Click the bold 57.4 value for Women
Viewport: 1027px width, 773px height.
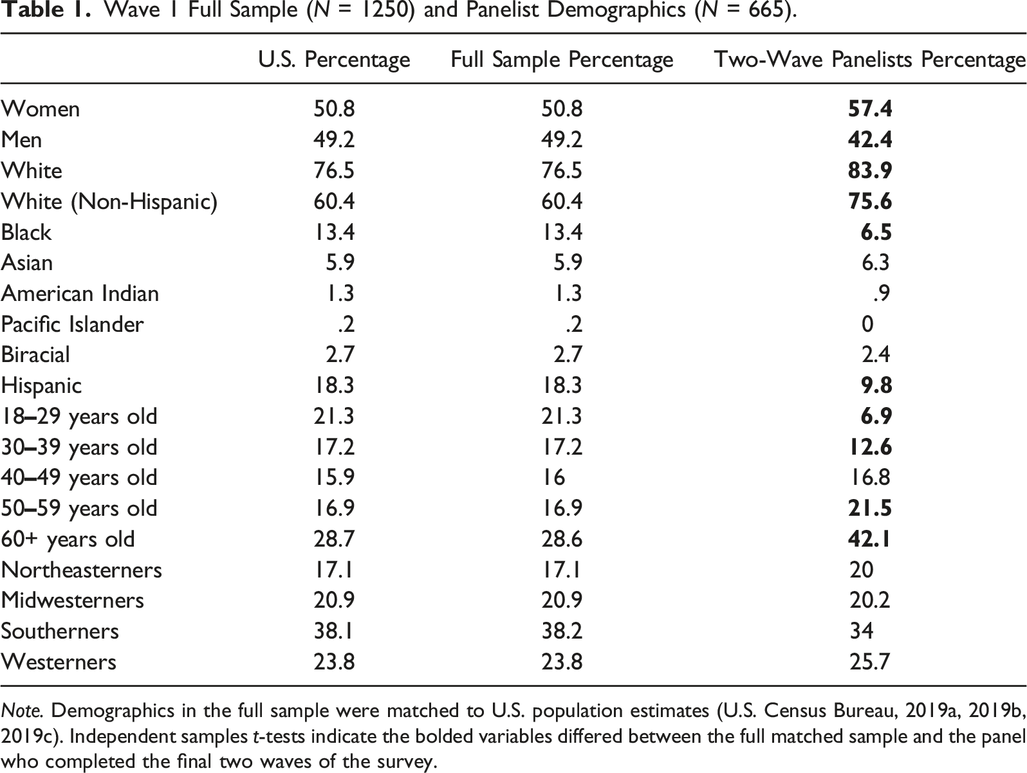point(870,109)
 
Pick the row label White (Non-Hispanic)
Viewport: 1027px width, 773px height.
point(109,202)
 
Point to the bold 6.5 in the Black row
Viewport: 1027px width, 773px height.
point(876,232)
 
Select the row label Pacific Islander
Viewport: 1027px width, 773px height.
point(72,325)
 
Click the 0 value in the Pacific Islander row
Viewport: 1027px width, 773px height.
point(867,325)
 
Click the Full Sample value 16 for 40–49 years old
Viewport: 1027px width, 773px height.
point(553,477)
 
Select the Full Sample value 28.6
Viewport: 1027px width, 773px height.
point(562,539)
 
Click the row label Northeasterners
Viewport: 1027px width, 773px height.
point(82,570)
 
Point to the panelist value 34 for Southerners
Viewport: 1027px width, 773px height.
point(862,632)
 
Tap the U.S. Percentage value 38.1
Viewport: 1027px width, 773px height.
point(333,632)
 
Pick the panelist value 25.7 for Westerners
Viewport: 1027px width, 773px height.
point(869,662)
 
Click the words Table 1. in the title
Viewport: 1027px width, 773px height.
point(46,10)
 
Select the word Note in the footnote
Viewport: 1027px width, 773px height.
point(22,711)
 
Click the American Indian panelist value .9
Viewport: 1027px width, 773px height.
point(881,294)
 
